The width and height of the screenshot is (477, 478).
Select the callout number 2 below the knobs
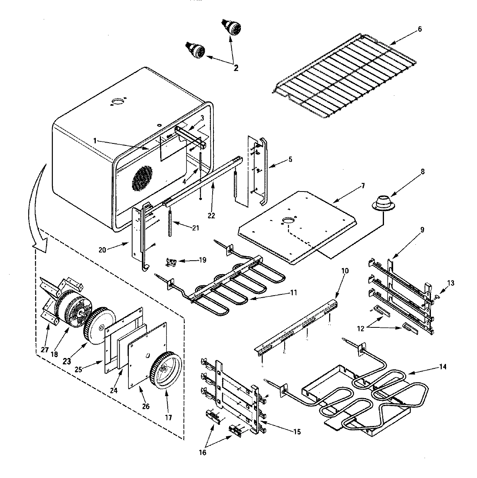point(236,68)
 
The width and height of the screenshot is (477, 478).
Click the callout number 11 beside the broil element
point(294,292)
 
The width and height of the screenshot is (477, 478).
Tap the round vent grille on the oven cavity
point(142,177)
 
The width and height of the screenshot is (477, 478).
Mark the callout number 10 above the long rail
point(344,271)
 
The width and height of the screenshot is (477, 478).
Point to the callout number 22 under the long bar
point(211,215)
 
